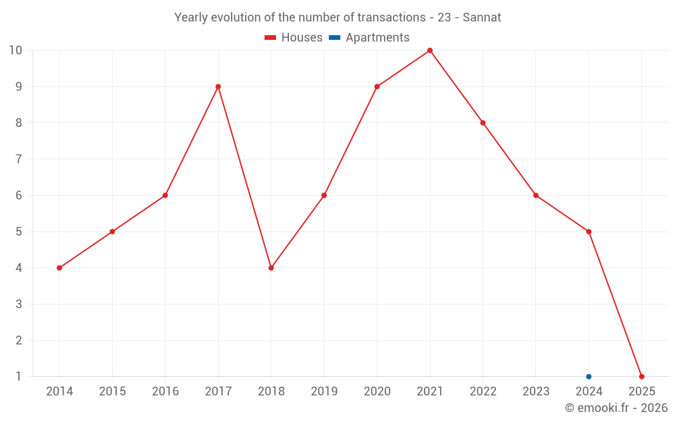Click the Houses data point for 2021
point(430,51)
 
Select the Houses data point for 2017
point(218,86)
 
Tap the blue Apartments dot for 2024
point(589,377)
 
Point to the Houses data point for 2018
point(271,268)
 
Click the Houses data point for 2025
point(641,377)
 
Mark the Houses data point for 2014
point(59,268)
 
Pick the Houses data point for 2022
point(483,123)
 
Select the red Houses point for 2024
point(589,232)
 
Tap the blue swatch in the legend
point(335,38)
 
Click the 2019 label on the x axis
point(324,392)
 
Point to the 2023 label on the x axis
point(536,392)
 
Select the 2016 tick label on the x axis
point(165,392)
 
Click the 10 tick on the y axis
point(15,51)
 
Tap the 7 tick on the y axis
point(18,159)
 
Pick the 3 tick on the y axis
point(18,305)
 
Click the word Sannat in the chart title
point(482,18)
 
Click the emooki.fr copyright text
point(616,408)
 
